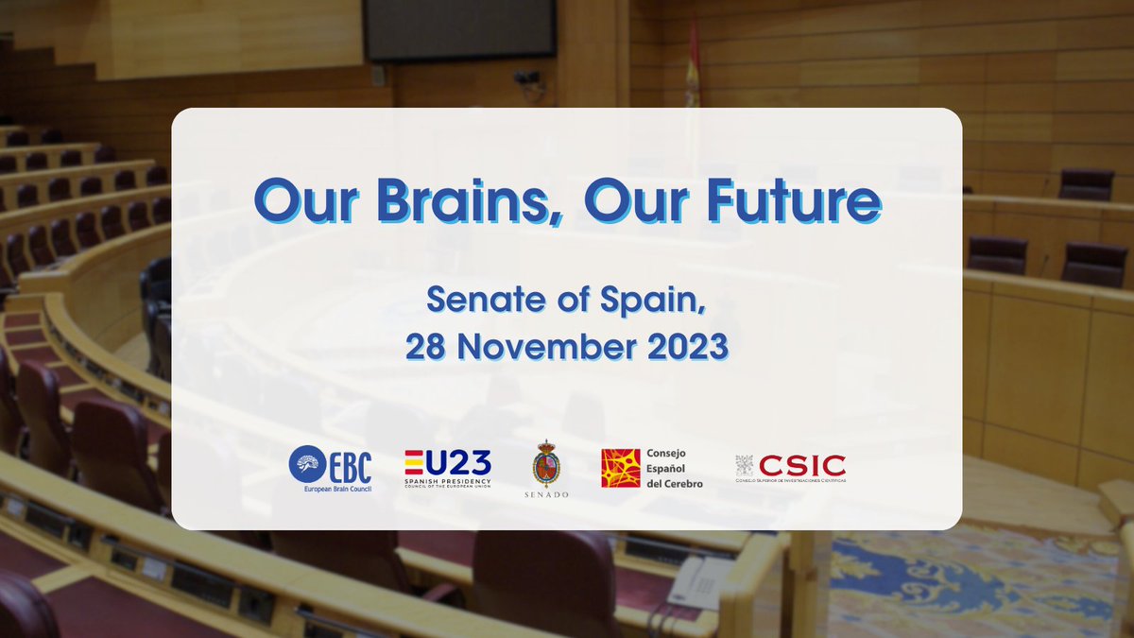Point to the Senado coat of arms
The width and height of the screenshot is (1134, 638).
pyautogui.click(x=546, y=463)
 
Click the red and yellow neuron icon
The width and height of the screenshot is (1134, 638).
pyautogui.click(x=620, y=468)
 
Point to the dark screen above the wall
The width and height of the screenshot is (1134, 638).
pyautogui.click(x=459, y=28)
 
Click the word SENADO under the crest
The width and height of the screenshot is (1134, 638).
pyautogui.click(x=546, y=494)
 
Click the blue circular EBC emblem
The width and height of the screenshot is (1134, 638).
pyautogui.click(x=308, y=466)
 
